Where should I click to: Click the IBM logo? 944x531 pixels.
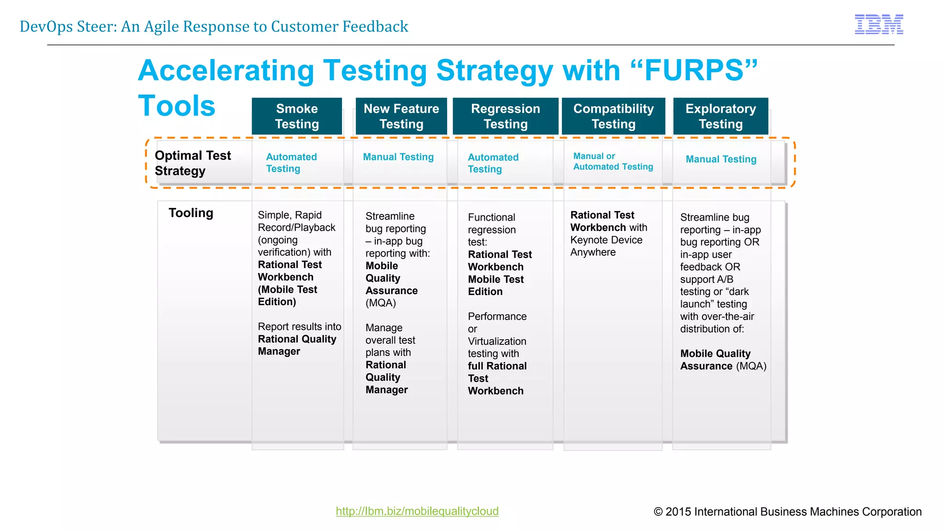point(879,24)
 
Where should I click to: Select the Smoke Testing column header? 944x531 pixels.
point(297,116)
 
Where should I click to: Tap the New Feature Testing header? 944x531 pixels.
point(401,116)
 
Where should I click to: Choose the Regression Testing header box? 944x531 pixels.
point(505,116)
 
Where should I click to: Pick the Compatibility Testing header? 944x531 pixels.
point(613,116)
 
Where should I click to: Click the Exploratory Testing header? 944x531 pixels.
point(720,116)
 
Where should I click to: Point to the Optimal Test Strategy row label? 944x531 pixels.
point(193,163)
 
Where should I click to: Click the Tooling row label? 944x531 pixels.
point(191,213)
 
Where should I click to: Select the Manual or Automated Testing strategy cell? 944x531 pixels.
point(613,161)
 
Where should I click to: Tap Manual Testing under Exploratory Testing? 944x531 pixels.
point(721,159)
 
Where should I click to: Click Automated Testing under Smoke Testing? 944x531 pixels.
point(291,163)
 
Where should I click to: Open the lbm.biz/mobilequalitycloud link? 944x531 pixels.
point(417,511)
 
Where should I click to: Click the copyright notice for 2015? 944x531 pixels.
point(787,512)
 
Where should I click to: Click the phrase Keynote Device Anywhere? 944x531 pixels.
point(606,246)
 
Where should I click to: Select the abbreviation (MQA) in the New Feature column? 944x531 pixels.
point(381,303)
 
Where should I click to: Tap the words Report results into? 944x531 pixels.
point(299,327)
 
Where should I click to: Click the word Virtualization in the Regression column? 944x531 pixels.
point(497,341)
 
